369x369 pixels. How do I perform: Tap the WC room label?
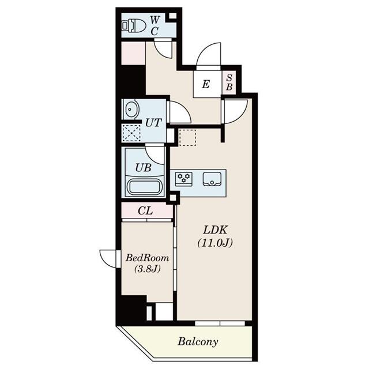pos(155,26)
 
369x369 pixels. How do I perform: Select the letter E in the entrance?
pos(205,84)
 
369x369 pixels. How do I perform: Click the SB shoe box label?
pos(229,82)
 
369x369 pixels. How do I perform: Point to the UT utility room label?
pos(153,122)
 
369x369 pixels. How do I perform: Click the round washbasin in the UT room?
pos(131,110)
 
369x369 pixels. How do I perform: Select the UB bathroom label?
pos(143,167)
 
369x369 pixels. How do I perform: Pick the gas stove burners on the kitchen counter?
pos(184,178)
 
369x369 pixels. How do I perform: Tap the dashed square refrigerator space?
pos(187,137)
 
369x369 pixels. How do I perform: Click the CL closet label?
pos(145,211)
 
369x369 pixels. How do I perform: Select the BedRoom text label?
pos(147,258)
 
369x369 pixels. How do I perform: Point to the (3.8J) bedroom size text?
pos(147,269)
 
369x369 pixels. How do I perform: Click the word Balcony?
pos(198,341)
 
